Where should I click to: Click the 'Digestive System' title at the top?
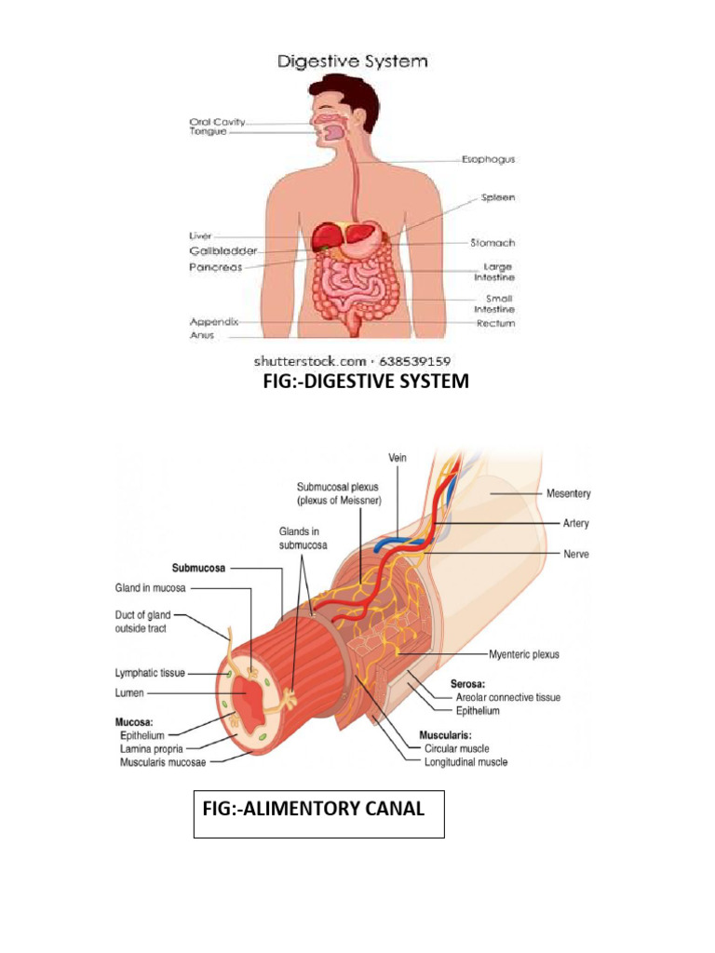point(351,62)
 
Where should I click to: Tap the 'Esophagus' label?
point(488,159)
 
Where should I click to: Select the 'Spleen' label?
point(497,197)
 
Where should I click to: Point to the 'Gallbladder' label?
point(223,251)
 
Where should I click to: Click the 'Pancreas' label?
point(215,267)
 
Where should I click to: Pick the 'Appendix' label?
point(214,322)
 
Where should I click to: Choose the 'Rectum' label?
point(495,324)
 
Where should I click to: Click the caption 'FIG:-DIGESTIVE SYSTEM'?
point(366,382)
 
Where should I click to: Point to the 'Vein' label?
point(398,457)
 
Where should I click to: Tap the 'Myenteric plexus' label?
point(522,654)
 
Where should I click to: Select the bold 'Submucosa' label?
point(200,566)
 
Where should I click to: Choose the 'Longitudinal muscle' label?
point(465,762)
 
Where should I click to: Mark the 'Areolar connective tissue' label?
point(506,697)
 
